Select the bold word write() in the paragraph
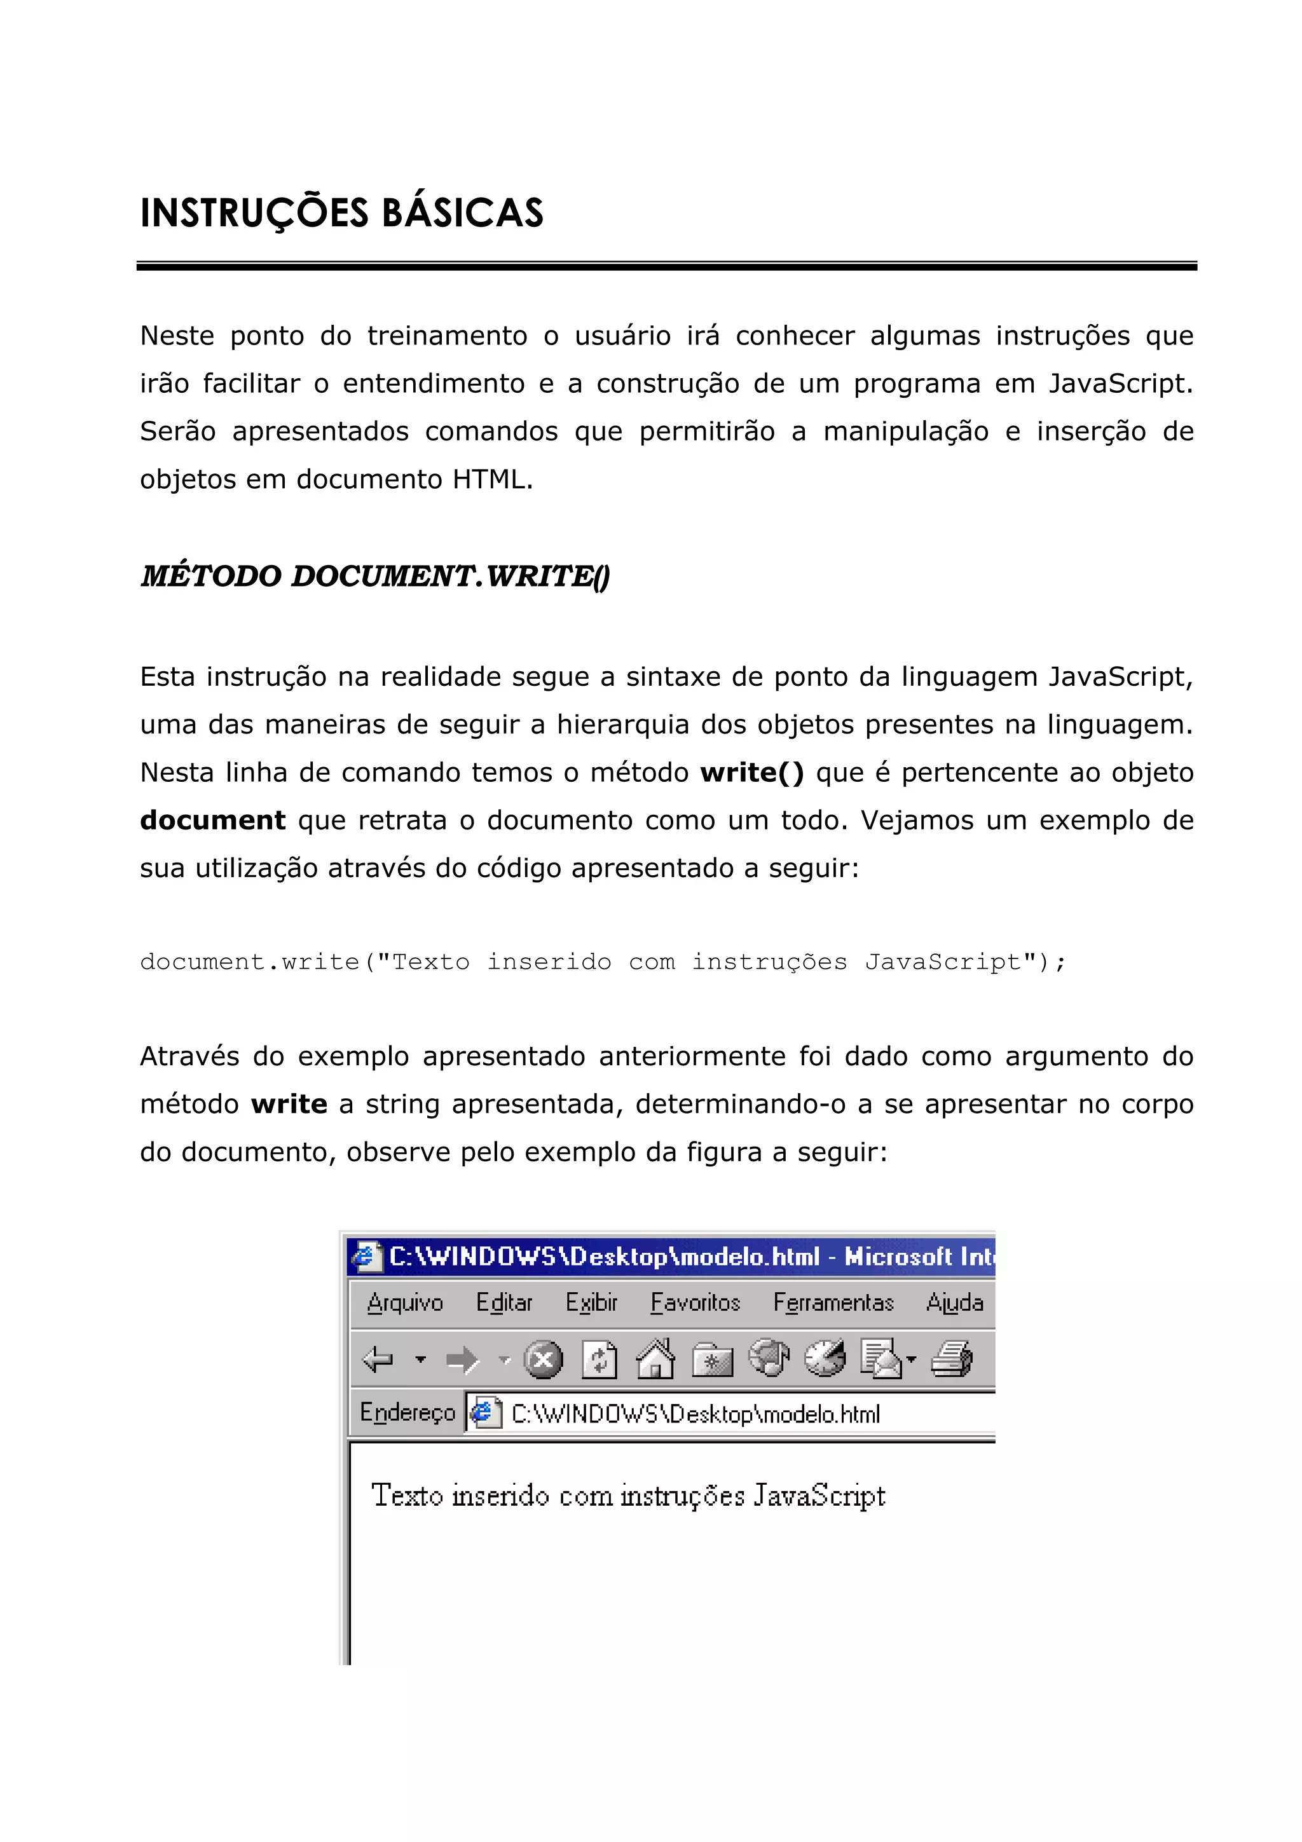click(751, 772)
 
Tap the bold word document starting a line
click(212, 821)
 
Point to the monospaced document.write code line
click(601, 961)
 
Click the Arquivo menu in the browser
click(404, 1303)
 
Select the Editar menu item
click(504, 1303)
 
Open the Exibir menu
click(591, 1303)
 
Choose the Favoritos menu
click(695, 1303)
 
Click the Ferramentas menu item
click(833, 1303)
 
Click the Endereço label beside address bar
click(407, 1413)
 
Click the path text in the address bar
click(695, 1414)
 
